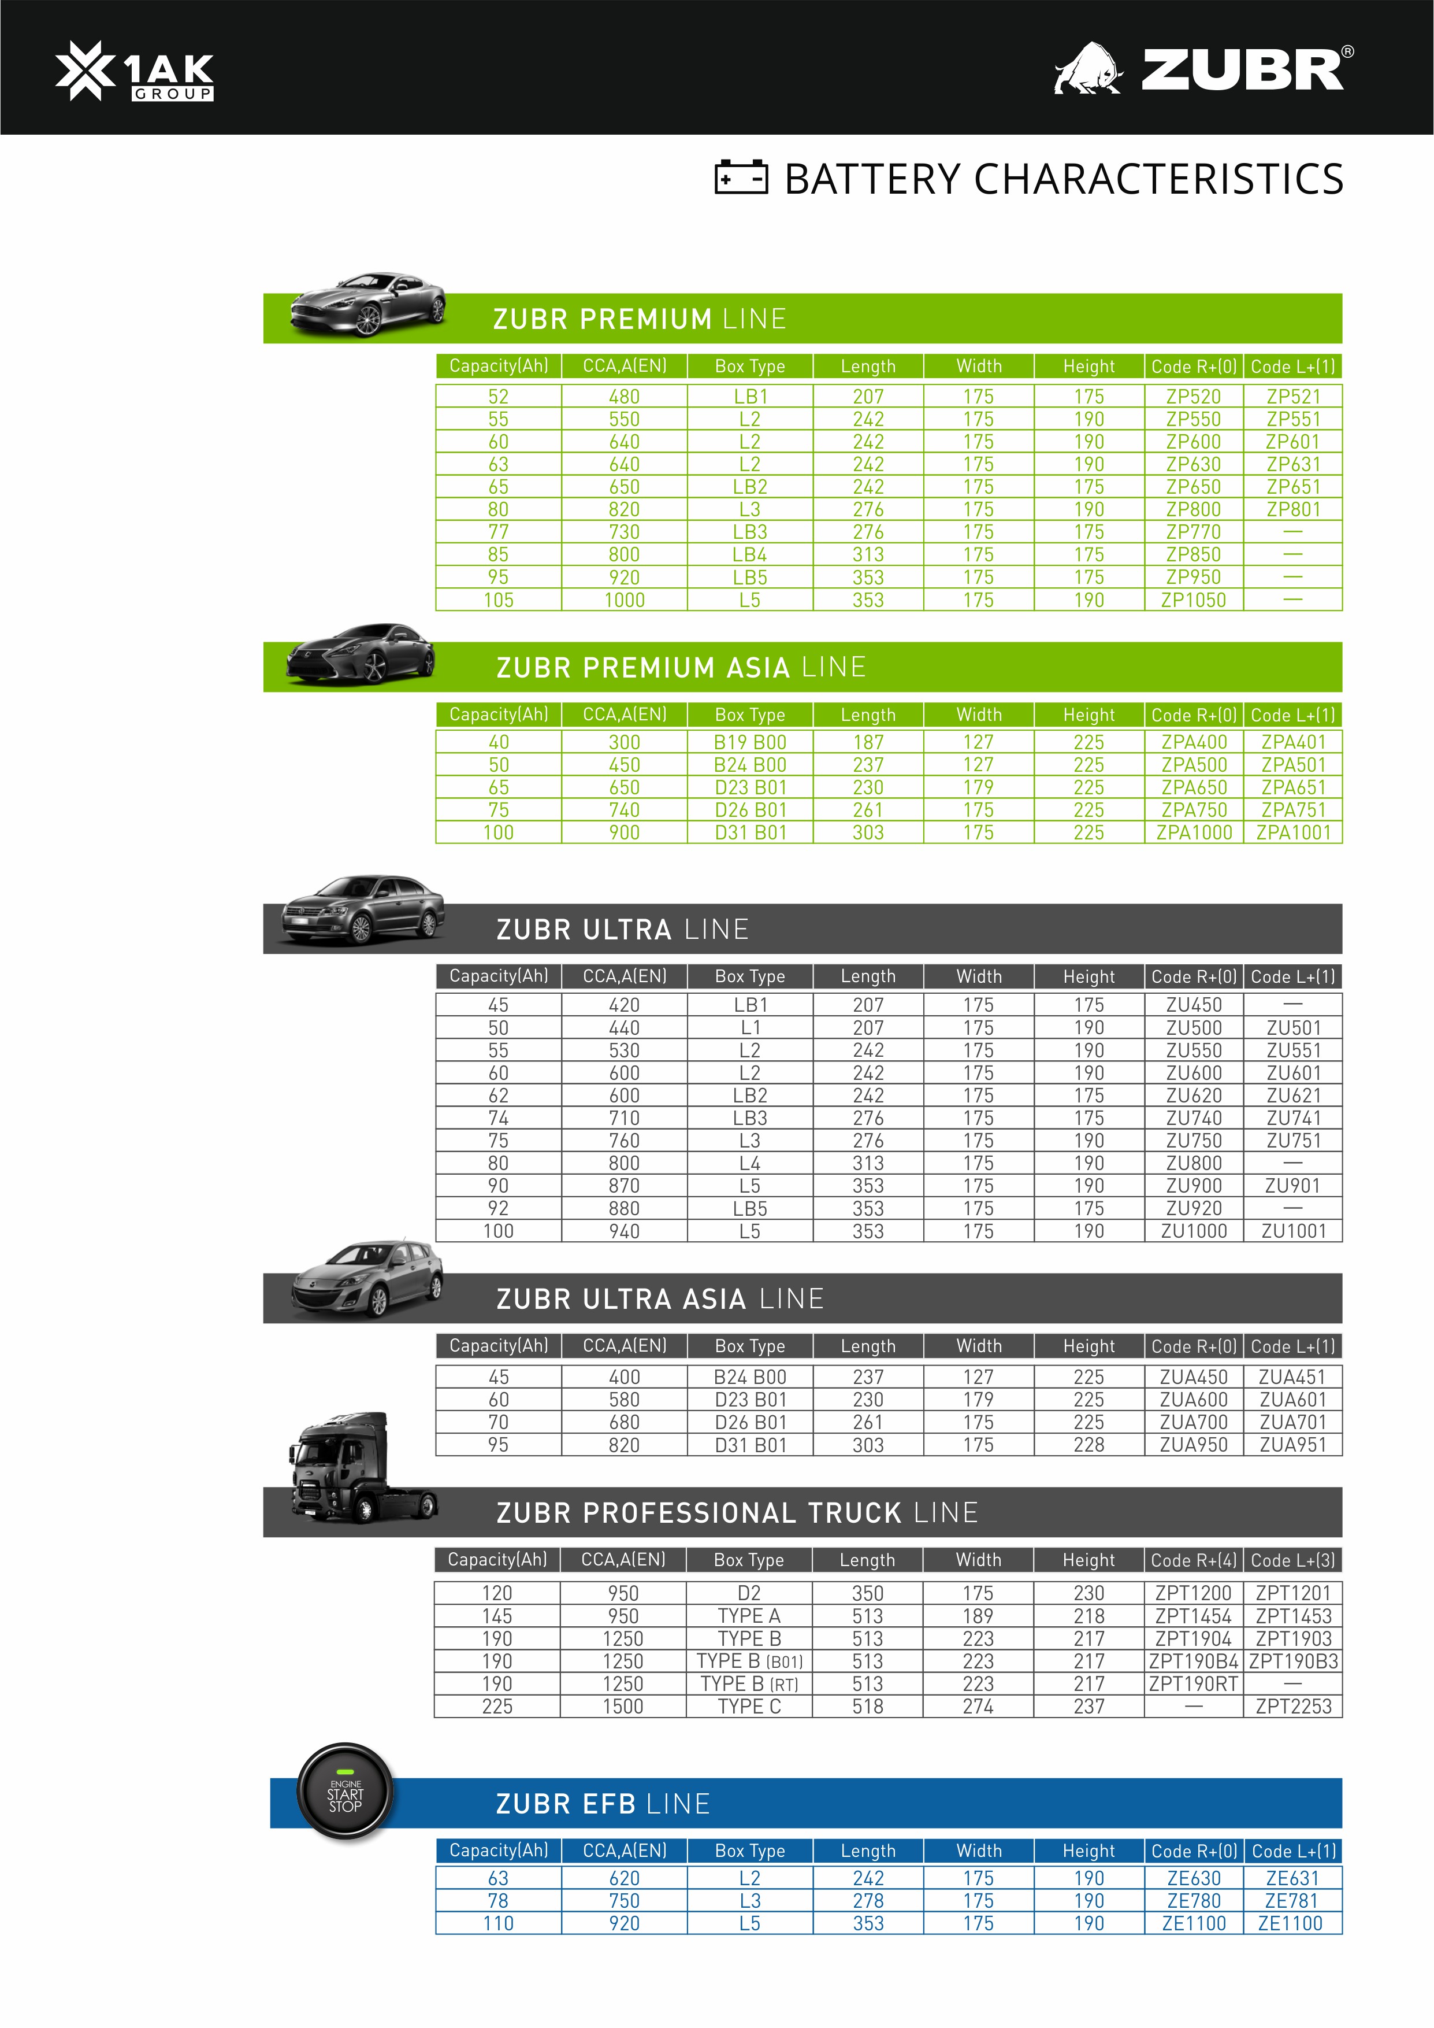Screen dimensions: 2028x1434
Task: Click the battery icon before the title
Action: (x=740, y=177)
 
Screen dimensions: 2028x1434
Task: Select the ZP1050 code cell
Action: (x=1193, y=599)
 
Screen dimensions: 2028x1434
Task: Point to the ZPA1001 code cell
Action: (x=1292, y=832)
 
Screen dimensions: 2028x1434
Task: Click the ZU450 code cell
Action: (x=1193, y=1005)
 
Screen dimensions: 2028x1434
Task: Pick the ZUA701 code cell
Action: (x=1292, y=1422)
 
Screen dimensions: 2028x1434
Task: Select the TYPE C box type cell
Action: (x=749, y=1707)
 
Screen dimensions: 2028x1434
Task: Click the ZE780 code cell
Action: (x=1193, y=1901)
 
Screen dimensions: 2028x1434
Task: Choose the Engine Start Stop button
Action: (x=346, y=1793)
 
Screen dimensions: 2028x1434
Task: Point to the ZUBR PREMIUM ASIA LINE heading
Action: (x=680, y=668)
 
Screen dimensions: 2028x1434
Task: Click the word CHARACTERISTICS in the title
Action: (x=1158, y=179)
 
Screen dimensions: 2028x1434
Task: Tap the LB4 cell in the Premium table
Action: (x=750, y=555)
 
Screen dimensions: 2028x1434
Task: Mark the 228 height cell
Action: (x=1088, y=1445)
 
